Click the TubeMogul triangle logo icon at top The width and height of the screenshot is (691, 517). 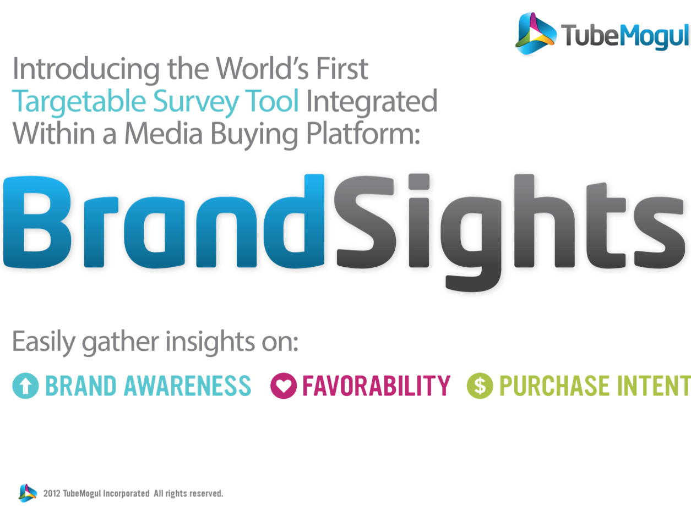tap(536, 33)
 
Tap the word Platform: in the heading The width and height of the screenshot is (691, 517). tap(363, 134)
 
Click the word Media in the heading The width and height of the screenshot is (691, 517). tap(164, 133)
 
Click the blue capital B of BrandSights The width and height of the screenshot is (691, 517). tap(37, 222)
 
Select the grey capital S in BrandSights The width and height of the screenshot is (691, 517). tap(365, 222)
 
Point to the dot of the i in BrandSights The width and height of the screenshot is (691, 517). tap(418, 182)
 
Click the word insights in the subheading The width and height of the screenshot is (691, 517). tap(210, 342)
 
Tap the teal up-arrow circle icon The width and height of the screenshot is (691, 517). tap(25, 386)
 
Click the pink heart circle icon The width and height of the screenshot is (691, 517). tap(284, 386)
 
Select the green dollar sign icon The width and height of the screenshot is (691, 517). tap(480, 386)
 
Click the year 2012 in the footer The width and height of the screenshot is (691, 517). tap(52, 493)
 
